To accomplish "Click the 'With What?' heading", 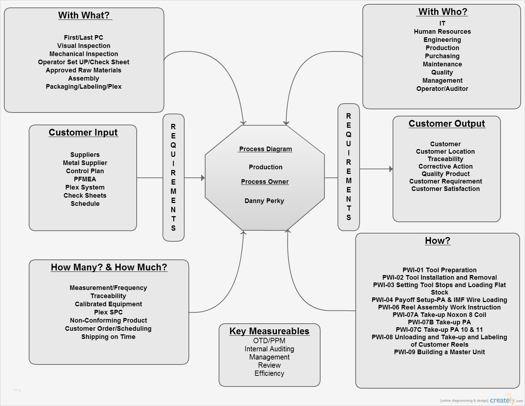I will (84, 15).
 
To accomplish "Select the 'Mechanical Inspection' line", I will (84, 54).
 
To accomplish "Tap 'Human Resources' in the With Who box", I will (442, 32).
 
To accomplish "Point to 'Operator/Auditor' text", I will (442, 89).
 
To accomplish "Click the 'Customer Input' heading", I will (83, 132).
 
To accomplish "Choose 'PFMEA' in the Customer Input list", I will (85, 179).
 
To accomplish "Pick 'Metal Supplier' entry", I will (85, 163).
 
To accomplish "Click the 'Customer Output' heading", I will (447, 124).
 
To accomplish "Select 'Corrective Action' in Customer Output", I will (445, 166).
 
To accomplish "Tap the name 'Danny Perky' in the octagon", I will (264, 201).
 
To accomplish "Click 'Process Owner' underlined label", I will (265, 182).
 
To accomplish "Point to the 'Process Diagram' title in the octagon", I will (266, 149).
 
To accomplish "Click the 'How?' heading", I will (438, 241).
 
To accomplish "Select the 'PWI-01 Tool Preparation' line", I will (439, 270).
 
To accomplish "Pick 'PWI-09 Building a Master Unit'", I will (439, 352).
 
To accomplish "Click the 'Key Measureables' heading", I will (269, 331).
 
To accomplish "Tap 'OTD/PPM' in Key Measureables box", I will (269, 341).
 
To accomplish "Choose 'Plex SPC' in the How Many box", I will (108, 312).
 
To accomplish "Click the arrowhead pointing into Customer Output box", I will (391, 169).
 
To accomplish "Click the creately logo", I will (503, 400).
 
